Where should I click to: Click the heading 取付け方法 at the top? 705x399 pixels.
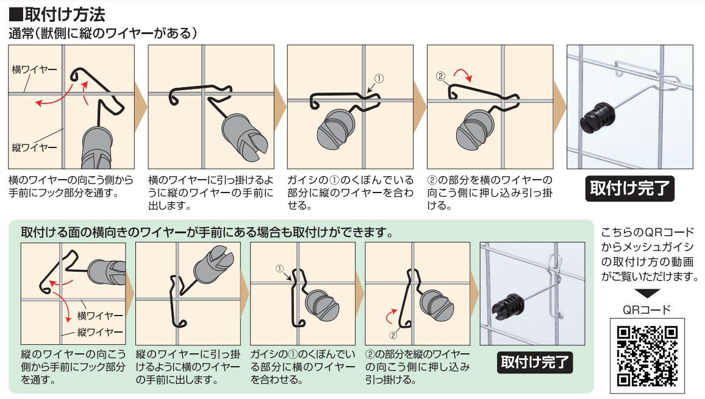(57, 15)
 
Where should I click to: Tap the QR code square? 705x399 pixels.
(647, 356)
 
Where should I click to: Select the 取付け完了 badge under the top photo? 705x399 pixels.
(629, 188)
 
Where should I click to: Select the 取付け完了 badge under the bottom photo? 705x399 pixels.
(535, 362)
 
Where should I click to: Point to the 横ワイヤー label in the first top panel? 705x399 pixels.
(35, 69)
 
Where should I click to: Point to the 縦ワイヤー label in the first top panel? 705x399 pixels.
(35, 147)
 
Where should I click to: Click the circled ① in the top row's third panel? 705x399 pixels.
(379, 79)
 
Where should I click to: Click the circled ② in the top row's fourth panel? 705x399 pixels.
(440, 76)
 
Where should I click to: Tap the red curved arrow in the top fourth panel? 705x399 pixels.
(463, 74)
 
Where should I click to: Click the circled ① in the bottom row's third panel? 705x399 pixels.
(280, 269)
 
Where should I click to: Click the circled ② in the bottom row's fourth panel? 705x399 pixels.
(393, 335)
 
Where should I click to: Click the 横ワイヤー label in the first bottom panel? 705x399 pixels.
(100, 316)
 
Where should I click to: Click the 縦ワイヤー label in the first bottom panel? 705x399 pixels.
(100, 332)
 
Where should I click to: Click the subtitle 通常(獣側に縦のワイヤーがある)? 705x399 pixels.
(103, 34)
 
